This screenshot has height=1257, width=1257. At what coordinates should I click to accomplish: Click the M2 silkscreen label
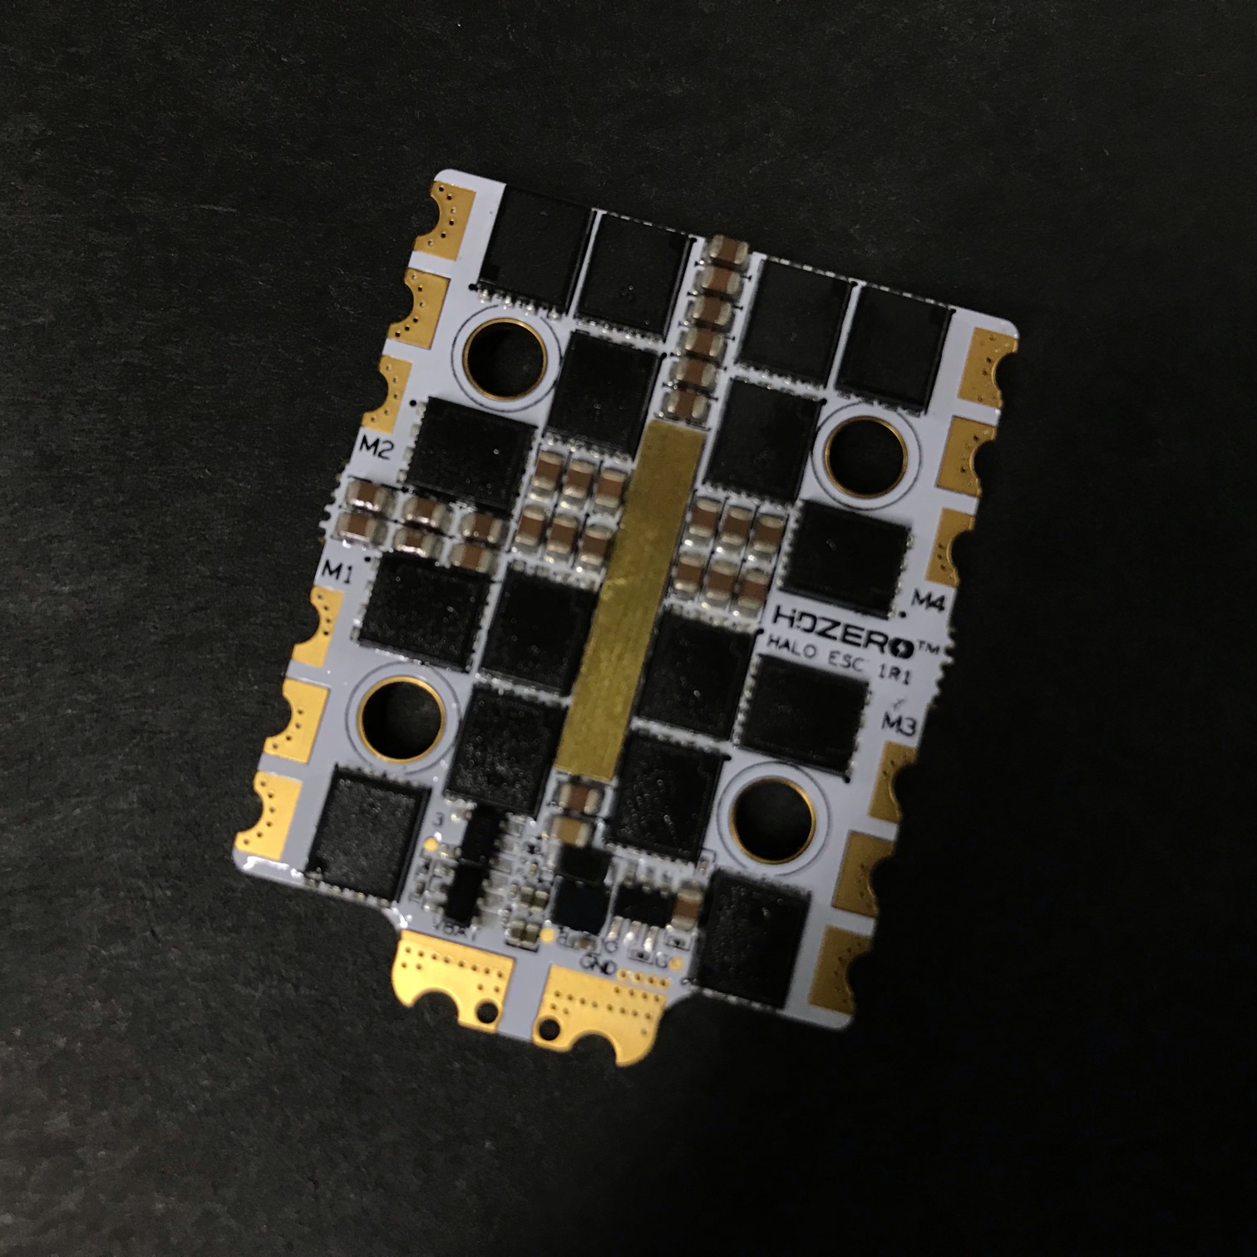pyautogui.click(x=376, y=449)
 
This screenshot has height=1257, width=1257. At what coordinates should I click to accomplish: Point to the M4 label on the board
pyautogui.click(x=929, y=599)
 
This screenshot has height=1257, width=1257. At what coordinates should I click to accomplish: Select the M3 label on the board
pyautogui.click(x=898, y=722)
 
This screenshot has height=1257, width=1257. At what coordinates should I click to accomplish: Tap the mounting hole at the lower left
pyautogui.click(x=402, y=717)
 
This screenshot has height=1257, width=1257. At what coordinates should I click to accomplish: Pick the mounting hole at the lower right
pyautogui.click(x=771, y=819)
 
